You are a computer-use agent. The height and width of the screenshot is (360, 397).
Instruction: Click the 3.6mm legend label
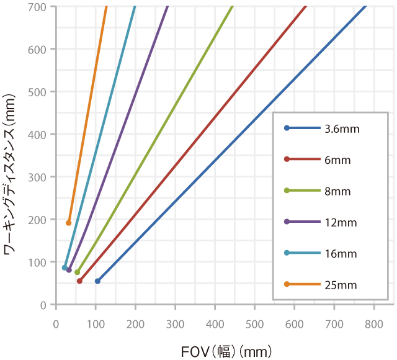pyautogui.click(x=341, y=129)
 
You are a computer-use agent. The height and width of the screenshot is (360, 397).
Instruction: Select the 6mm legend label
pyautogui.click(x=337, y=160)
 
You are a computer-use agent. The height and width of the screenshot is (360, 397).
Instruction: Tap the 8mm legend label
pyautogui.click(x=337, y=191)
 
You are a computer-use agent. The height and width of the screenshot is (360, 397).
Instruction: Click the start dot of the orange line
pyautogui.click(x=69, y=223)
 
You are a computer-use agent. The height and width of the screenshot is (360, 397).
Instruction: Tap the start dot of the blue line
pyautogui.click(x=97, y=281)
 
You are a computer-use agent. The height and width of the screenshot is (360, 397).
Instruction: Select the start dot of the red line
pyautogui.click(x=79, y=281)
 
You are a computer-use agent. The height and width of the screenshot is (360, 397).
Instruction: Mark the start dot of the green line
pyautogui.click(x=77, y=272)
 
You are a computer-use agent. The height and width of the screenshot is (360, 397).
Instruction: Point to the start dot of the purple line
pyautogui.click(x=69, y=270)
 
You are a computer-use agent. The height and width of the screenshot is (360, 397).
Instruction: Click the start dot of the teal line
pyautogui.click(x=65, y=268)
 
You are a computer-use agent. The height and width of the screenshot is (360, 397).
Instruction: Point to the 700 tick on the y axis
pyautogui.click(x=39, y=7)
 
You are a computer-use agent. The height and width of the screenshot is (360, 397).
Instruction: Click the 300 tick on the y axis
pyautogui.click(x=39, y=177)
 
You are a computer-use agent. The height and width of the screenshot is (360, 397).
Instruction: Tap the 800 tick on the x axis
pyautogui.click(x=374, y=323)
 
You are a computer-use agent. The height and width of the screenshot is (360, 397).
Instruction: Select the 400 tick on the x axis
pyautogui.click(x=215, y=323)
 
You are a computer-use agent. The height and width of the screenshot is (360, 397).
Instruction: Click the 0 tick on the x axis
pyautogui.click(x=56, y=323)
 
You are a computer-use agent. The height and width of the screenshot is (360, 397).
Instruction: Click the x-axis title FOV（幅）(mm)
pyautogui.click(x=226, y=352)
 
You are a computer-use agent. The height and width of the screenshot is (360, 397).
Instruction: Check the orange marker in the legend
pyautogui.click(x=287, y=284)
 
